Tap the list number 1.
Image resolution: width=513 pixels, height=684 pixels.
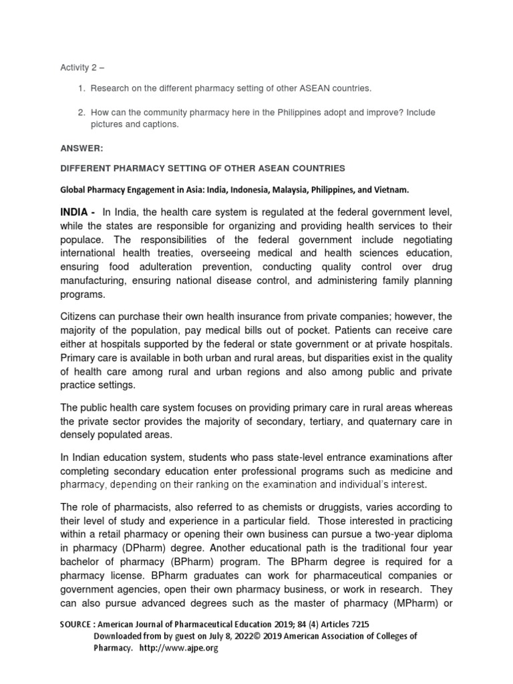click(81, 88)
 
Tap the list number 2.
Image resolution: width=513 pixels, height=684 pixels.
click(81, 112)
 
